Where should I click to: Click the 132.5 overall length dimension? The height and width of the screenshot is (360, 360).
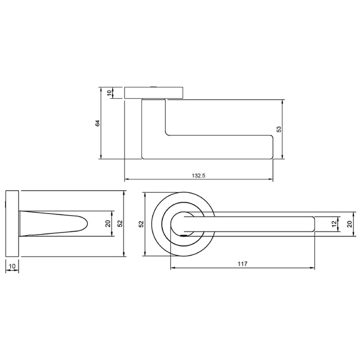[x=199, y=175]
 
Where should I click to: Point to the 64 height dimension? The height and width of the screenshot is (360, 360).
[x=97, y=123]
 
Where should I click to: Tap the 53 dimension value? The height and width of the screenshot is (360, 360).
[x=279, y=130]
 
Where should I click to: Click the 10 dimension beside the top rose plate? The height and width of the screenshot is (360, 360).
[x=109, y=93]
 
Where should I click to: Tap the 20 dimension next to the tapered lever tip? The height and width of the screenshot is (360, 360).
[x=107, y=224]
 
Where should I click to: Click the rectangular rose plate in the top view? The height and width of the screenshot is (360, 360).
[x=154, y=93]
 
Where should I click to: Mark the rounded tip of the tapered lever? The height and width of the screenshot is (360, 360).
[x=85, y=224]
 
